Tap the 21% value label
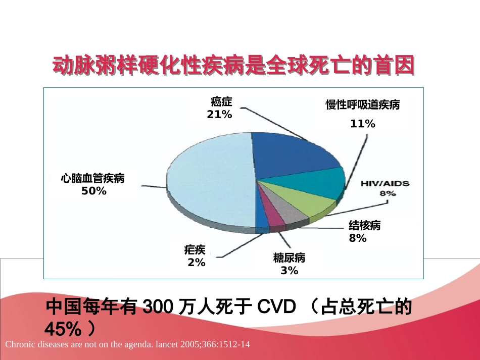[x=219, y=115]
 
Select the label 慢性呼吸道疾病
[x=363, y=105]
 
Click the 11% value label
[x=363, y=124]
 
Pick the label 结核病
[x=365, y=226]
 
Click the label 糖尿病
[x=289, y=258]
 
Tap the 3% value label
[x=290, y=271]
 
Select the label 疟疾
[x=195, y=250]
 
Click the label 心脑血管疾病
[x=92, y=178]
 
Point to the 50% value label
[x=94, y=191]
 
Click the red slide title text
[x=234, y=66]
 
